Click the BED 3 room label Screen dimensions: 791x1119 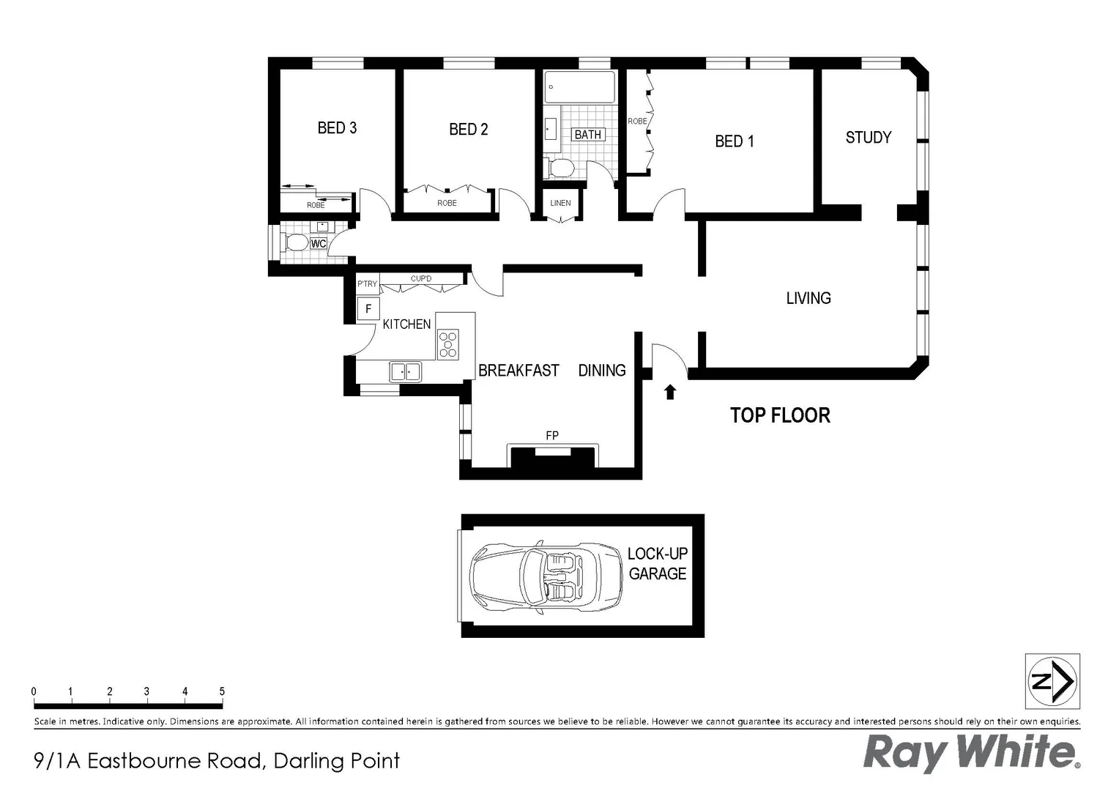point(337,128)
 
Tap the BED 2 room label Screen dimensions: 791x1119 point(468,130)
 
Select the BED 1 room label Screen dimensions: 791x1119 point(734,141)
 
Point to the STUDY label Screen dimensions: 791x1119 point(868,138)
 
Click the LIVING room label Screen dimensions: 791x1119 point(808,298)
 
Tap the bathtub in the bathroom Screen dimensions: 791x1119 point(579,87)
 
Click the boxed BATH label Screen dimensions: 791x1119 point(587,135)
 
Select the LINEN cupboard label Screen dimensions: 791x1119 point(560,203)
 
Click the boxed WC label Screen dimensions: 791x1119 point(319,244)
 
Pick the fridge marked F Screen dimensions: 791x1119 point(368,309)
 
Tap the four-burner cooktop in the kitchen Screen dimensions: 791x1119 point(448,344)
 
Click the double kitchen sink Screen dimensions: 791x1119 point(406,372)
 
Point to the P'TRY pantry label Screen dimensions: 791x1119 point(367,283)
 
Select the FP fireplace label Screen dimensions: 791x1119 point(552,436)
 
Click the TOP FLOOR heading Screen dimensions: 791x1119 point(780,415)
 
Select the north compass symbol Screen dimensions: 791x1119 point(1052,681)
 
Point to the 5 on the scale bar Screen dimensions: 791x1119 point(222,691)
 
